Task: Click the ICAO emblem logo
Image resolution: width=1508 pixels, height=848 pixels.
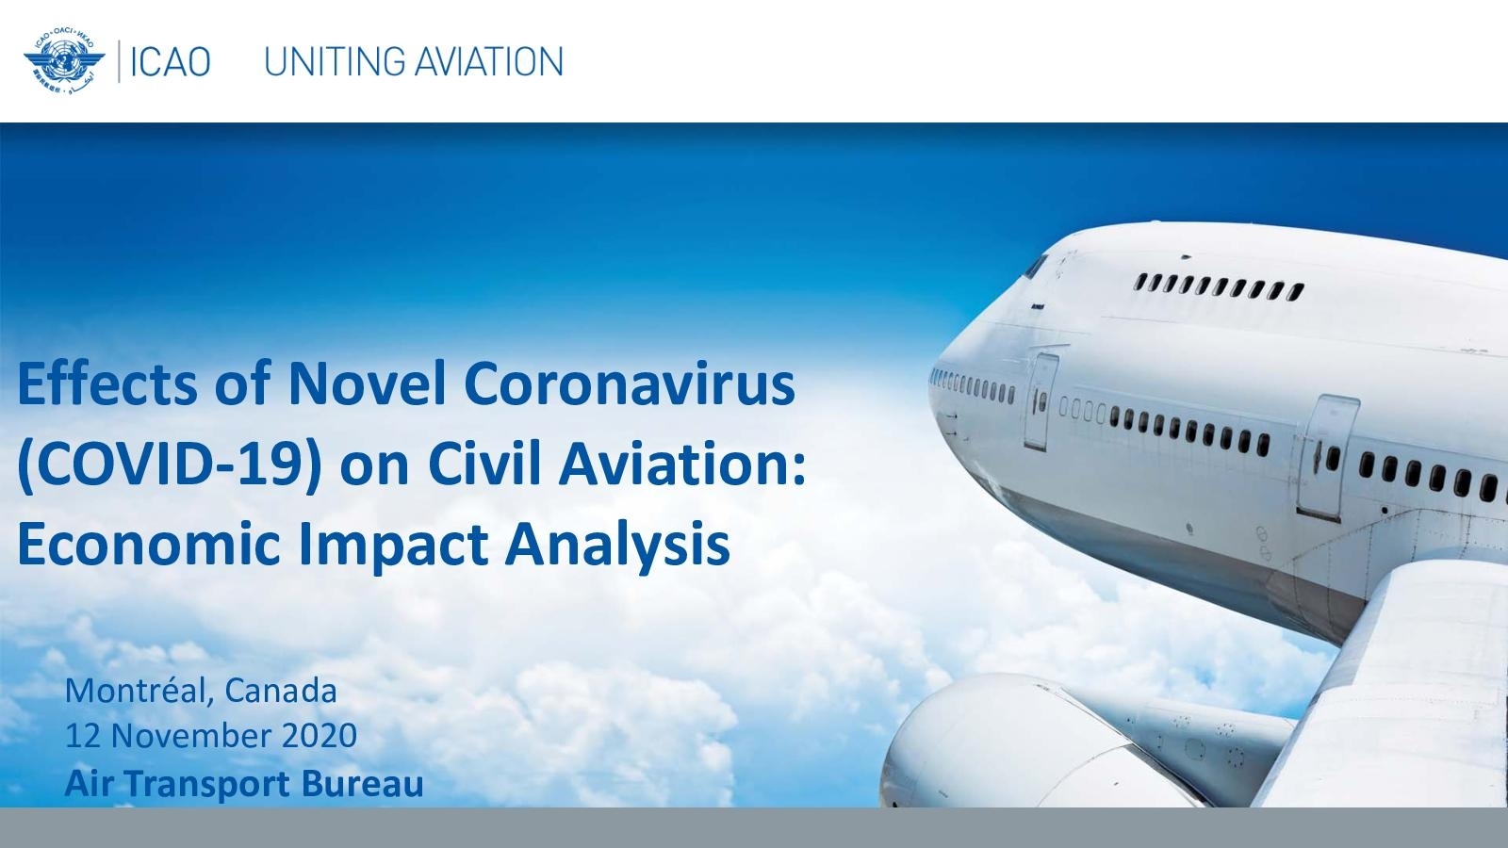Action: tap(65, 61)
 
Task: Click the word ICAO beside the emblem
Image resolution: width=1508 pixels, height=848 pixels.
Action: tap(170, 62)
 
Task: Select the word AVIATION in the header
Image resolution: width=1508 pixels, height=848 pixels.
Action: tap(489, 62)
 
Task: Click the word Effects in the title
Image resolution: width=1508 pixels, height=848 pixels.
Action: tap(107, 383)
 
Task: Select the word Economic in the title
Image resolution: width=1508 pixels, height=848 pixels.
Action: tap(148, 544)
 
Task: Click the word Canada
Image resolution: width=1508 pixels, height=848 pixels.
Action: tap(281, 692)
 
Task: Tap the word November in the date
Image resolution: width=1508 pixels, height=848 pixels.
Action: tap(190, 736)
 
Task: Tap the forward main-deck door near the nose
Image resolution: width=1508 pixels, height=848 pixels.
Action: tap(1041, 401)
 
